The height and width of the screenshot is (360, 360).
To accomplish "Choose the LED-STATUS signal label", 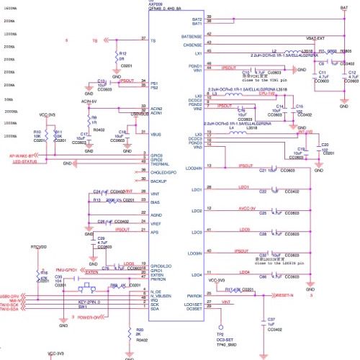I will [24, 162].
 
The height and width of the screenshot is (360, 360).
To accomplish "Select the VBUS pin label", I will [155, 134].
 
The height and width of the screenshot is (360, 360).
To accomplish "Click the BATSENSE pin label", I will [192, 36].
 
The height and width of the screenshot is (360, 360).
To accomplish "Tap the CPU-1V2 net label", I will [267, 93].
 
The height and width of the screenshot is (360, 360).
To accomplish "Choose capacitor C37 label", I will [271, 318].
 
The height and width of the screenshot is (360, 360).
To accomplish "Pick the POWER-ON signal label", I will [90, 317].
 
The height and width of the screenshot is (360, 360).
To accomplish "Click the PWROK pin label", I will [194, 294].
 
